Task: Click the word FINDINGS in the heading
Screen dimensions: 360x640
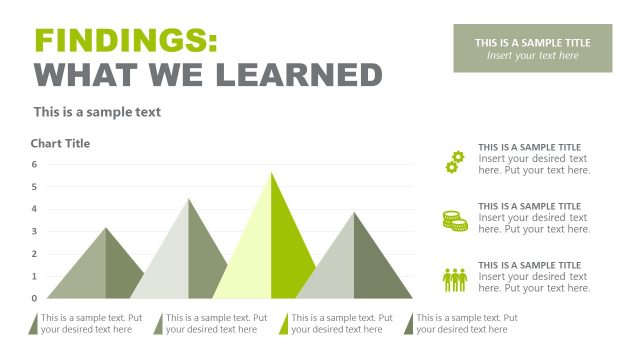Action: (125, 40)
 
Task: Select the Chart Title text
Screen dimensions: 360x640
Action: (60, 144)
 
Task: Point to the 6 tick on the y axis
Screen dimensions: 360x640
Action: (34, 164)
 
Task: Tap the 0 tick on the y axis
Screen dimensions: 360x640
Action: (34, 298)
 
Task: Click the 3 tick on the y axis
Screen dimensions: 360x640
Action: (34, 231)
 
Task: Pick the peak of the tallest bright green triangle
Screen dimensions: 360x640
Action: (271, 172)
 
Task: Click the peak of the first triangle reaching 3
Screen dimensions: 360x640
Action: (106, 228)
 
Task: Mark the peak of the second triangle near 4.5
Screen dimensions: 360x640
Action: (188, 199)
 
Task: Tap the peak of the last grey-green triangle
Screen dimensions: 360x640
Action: (353, 212)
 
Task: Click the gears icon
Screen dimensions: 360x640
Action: (455, 161)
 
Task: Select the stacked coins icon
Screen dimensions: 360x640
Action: (455, 220)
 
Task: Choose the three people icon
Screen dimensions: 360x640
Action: (455, 279)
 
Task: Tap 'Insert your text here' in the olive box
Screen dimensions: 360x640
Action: (532, 56)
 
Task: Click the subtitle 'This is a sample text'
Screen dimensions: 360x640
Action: (97, 112)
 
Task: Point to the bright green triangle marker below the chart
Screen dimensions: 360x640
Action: (284, 324)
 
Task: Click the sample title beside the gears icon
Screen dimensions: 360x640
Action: (529, 147)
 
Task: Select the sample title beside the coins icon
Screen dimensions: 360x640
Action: (529, 206)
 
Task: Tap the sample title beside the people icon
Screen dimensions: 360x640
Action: (529, 265)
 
